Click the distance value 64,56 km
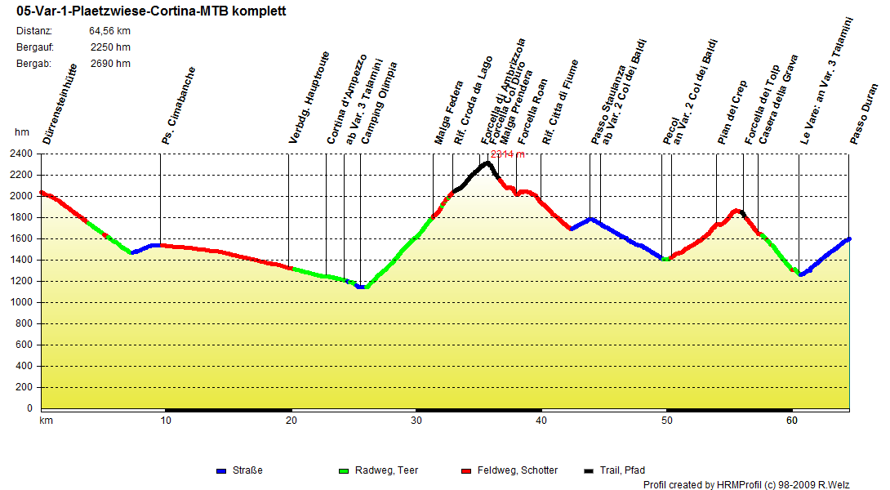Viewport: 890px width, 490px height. click(109, 31)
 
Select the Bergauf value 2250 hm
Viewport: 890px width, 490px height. click(110, 47)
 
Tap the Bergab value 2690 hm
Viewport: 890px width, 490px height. click(110, 63)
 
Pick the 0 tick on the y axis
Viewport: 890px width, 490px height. click(30, 408)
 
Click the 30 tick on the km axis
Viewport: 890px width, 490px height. click(416, 421)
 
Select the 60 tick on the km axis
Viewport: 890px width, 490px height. click(791, 421)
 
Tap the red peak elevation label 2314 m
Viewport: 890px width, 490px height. click(507, 154)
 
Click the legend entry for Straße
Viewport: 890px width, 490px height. click(248, 470)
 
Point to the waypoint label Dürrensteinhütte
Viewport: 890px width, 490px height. click(60, 105)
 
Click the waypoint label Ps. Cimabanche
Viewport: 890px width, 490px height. click(179, 106)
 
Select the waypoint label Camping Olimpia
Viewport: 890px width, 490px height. click(380, 103)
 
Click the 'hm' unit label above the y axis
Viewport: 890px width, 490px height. click(21, 132)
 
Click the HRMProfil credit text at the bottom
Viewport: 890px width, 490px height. click(746, 485)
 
